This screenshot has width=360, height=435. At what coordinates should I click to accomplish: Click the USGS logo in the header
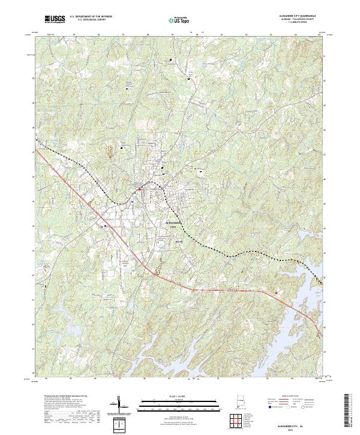55,19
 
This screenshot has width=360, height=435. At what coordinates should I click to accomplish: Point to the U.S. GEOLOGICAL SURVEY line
91,21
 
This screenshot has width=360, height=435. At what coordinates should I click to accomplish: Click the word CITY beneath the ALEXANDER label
175,227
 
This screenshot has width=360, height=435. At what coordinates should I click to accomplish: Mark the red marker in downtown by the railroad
140,189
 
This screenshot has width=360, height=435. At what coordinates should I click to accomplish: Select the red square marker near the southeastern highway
277,293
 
